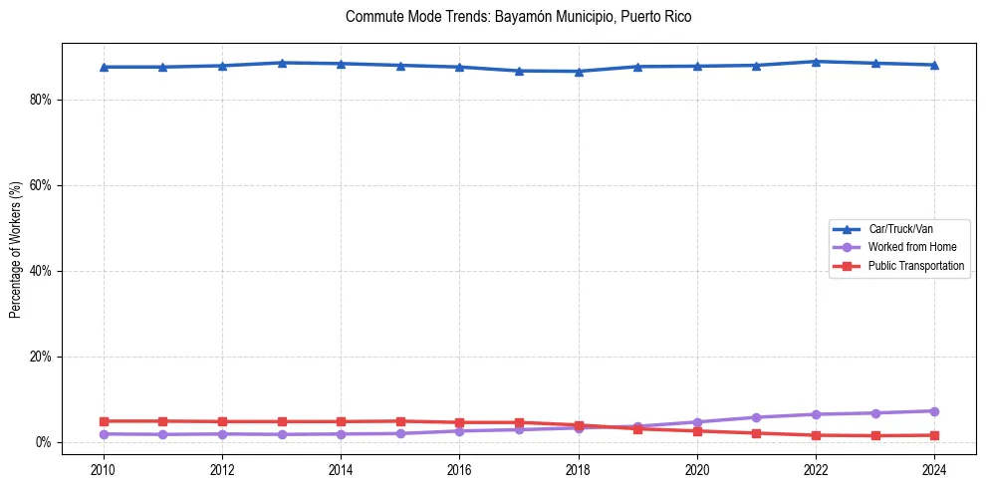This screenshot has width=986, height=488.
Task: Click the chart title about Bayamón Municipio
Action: pyautogui.click(x=518, y=17)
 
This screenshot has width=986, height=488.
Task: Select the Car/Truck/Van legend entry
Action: pyautogui.click(x=900, y=229)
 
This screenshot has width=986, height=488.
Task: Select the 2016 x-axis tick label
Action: pyautogui.click(x=459, y=468)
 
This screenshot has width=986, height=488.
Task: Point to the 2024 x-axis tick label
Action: pyautogui.click(x=934, y=468)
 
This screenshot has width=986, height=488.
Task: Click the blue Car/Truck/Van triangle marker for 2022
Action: pyautogui.click(x=816, y=62)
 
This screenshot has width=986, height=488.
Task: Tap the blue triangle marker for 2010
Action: pyautogui.click(x=104, y=67)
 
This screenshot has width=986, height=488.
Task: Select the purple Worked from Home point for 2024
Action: pyautogui.click(x=934, y=411)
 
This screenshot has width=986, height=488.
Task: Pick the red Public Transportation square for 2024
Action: pyautogui.click(x=934, y=435)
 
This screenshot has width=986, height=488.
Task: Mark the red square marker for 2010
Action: pyautogui.click(x=104, y=421)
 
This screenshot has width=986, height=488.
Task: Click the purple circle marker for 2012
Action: pyautogui.click(x=222, y=433)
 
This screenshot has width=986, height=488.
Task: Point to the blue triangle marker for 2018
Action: pyautogui.click(x=579, y=71)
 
